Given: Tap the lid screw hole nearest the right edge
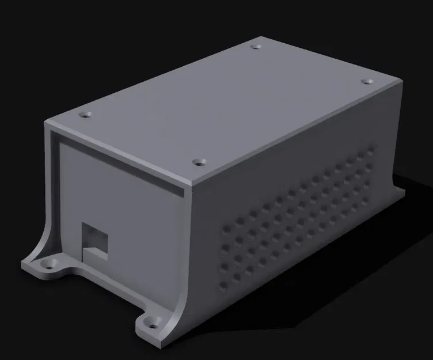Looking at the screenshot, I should [366, 82].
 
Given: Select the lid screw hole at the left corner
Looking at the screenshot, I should [86, 115].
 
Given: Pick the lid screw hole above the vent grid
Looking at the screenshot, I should [200, 161].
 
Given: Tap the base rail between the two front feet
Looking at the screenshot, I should [104, 285].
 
